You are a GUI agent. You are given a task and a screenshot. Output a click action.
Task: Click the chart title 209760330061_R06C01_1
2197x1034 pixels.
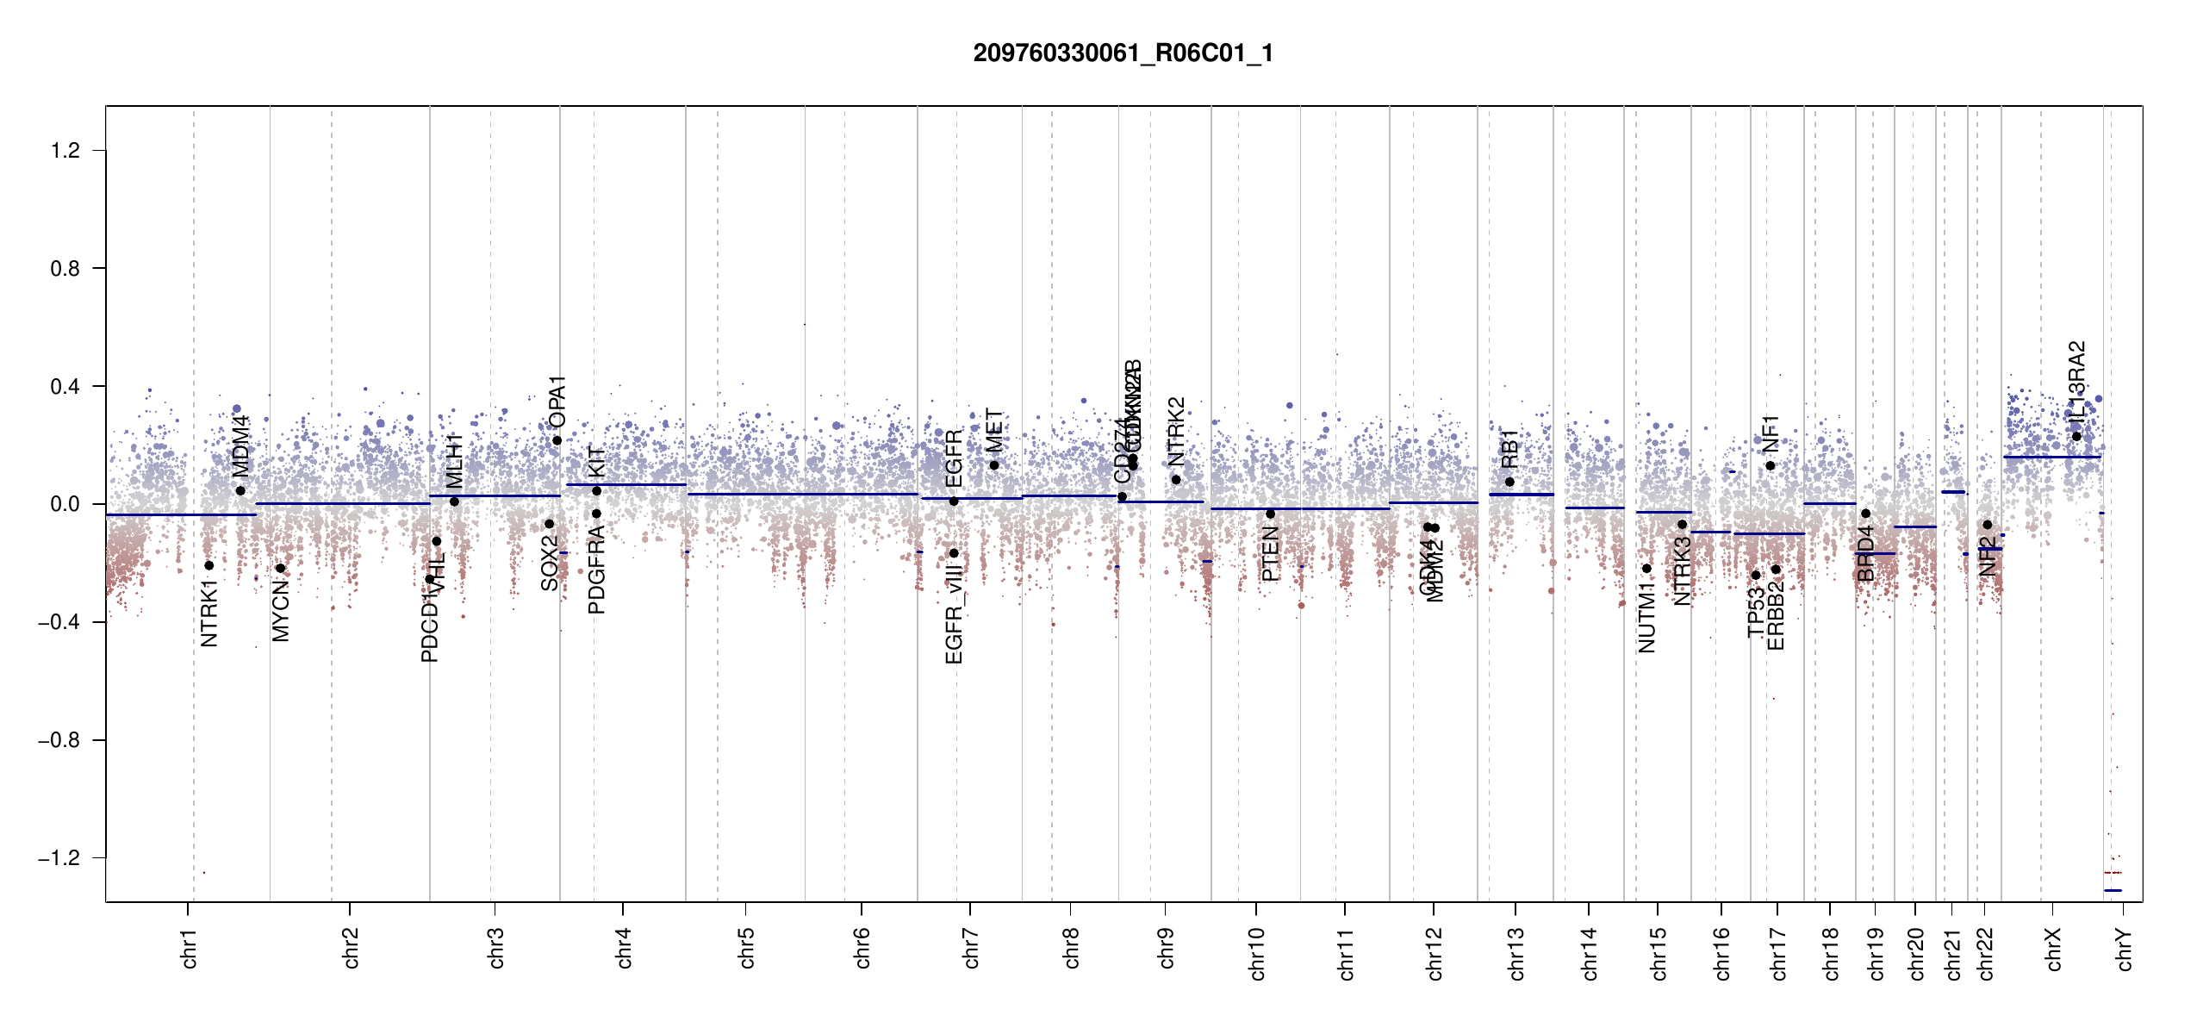[1123, 53]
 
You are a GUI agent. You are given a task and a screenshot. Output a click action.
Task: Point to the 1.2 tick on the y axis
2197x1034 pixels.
[65, 151]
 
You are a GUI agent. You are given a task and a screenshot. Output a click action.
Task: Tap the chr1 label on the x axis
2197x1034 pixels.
[190, 948]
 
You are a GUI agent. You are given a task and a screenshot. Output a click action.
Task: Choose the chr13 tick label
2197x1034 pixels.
[1516, 953]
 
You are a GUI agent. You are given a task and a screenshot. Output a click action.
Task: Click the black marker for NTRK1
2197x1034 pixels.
[208, 565]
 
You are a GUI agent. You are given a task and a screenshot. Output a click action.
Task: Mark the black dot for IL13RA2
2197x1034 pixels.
[2076, 436]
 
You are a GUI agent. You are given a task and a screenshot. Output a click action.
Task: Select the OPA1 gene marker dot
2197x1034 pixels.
[557, 440]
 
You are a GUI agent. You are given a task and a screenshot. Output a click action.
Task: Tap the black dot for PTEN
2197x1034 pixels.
[1270, 514]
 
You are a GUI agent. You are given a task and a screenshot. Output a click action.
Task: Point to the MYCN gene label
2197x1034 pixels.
[281, 611]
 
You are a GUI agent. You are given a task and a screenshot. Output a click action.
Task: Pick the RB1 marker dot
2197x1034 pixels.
[1509, 482]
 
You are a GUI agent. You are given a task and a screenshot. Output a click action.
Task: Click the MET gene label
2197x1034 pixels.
[994, 431]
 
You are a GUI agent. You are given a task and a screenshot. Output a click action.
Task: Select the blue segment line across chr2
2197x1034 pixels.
[345, 503]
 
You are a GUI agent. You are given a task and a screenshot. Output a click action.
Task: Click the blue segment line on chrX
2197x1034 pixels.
[2051, 457]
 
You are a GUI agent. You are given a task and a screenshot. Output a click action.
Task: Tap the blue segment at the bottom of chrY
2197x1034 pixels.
[2113, 890]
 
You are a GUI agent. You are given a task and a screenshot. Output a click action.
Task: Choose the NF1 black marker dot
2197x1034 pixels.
[1770, 465]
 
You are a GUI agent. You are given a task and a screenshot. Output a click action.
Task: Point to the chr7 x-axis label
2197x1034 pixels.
[971, 948]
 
